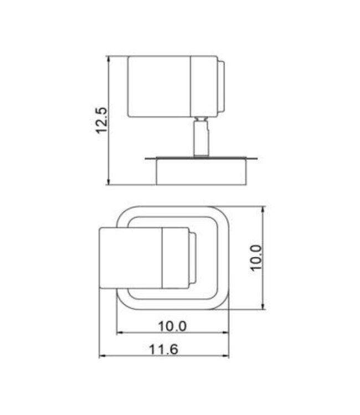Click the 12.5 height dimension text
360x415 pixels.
click(x=101, y=120)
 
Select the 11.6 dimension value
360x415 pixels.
click(x=163, y=349)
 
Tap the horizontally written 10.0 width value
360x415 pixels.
click(x=172, y=326)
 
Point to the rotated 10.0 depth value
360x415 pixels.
click(x=255, y=258)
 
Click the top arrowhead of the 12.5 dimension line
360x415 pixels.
click(x=109, y=59)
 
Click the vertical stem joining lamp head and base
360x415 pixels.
click(x=201, y=139)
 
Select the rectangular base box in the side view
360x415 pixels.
click(x=200, y=172)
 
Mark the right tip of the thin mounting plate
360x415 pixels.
click(x=257, y=159)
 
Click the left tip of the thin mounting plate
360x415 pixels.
click(x=146, y=159)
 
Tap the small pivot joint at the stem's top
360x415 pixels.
click(x=201, y=119)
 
